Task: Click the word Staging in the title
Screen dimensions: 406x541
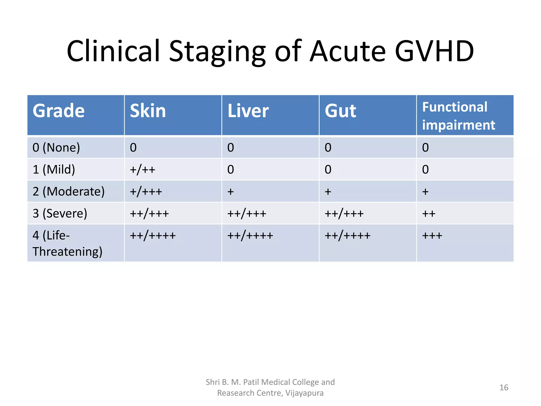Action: [217, 52]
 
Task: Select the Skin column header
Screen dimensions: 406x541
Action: [148, 111]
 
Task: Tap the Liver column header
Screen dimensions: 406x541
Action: [248, 111]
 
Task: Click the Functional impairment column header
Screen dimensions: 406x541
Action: [458, 116]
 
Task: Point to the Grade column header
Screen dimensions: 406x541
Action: [59, 111]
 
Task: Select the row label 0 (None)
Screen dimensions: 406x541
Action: [56, 147]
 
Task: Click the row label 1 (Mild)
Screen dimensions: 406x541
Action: [54, 169]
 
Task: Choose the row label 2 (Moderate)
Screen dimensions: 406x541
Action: [68, 191]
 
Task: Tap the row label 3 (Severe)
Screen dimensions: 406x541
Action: [60, 213]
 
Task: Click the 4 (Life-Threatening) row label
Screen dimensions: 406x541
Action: [67, 243]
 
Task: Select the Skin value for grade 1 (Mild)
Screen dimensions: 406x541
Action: [142, 169]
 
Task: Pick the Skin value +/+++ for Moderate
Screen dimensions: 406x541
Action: [146, 191]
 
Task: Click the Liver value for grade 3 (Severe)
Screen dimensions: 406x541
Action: [247, 213]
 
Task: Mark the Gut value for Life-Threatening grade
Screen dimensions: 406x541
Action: [347, 235]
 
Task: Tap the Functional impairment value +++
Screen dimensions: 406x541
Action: [432, 235]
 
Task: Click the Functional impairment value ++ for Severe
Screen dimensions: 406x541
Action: [428, 213]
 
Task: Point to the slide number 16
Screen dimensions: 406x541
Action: [504, 387]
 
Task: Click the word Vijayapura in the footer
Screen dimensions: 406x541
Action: [304, 393]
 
